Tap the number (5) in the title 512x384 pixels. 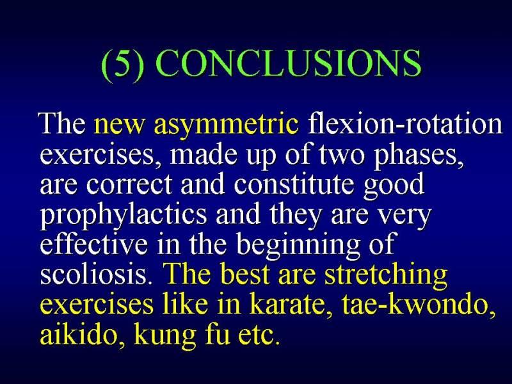pyautogui.click(x=122, y=65)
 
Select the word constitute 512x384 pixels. pyautogui.click(x=294, y=184)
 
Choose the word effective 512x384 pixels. pyautogui.click(x=93, y=244)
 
